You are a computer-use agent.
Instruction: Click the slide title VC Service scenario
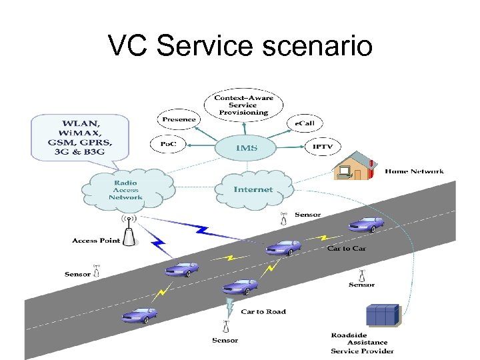coord(240,46)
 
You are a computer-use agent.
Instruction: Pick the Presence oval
coord(179,120)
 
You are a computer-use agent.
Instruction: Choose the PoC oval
coord(169,144)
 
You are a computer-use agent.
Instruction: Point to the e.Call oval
coord(305,123)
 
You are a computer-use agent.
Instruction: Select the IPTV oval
coord(323,147)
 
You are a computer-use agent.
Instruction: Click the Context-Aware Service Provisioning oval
coord(243,105)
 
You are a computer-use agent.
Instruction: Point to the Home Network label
coord(414,171)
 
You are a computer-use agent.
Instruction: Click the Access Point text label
coord(96,241)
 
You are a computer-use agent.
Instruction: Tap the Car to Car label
coord(347,248)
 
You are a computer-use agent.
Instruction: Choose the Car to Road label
coord(263,311)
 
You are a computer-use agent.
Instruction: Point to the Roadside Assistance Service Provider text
coord(362,343)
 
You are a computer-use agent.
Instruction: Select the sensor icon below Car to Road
coord(225,327)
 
